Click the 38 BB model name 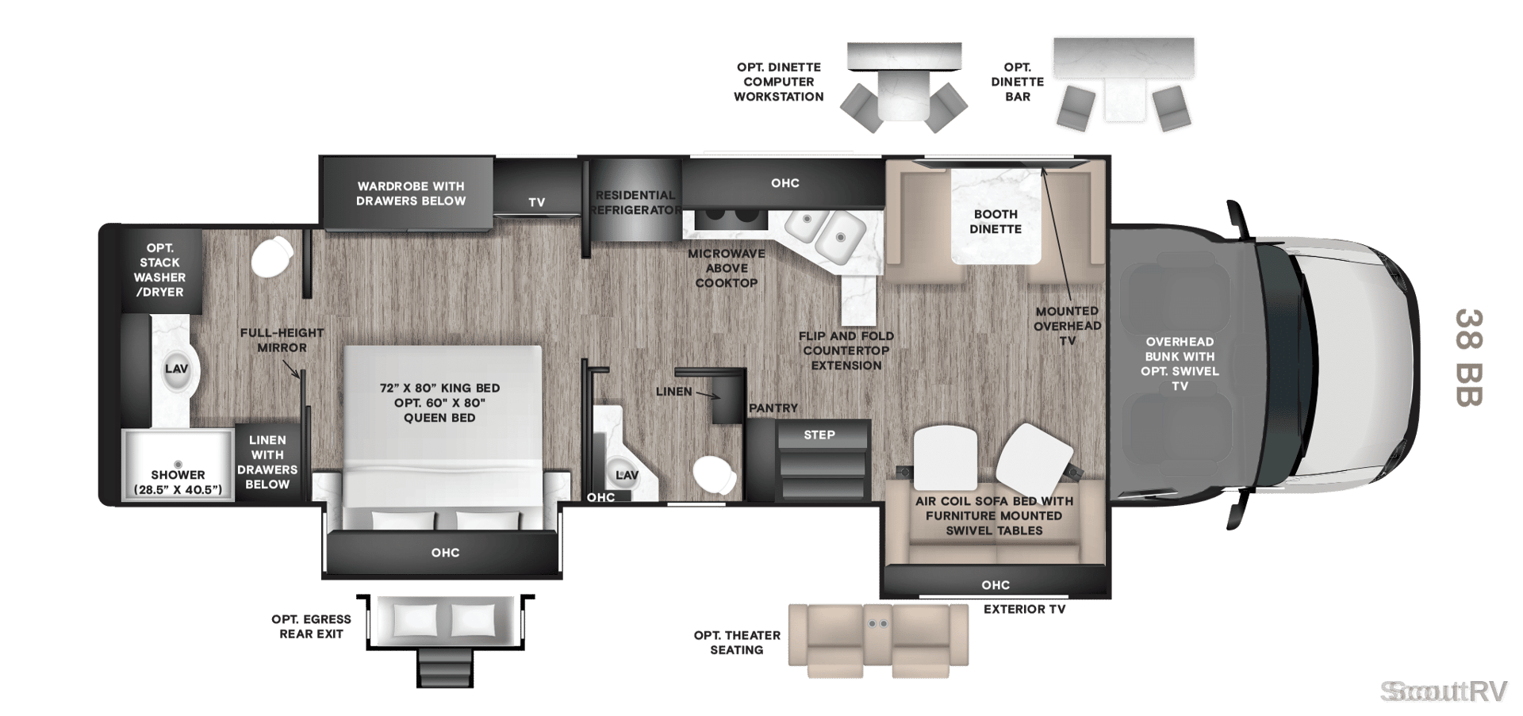click(x=1469, y=358)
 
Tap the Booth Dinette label click(x=996, y=221)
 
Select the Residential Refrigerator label click(x=635, y=202)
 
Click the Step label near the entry click(x=819, y=435)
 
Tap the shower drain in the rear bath click(x=178, y=465)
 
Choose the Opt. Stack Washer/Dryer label click(x=159, y=270)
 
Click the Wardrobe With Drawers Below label click(x=411, y=193)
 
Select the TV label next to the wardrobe click(x=537, y=202)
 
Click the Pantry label click(x=773, y=408)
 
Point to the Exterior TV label click(x=1025, y=609)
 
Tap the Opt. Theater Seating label click(x=737, y=642)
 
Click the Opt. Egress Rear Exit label click(x=311, y=626)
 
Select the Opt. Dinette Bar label click(x=1018, y=82)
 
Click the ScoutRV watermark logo click(x=1444, y=691)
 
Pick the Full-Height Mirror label click(x=282, y=340)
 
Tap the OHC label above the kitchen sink click(x=785, y=183)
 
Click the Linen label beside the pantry click(x=674, y=392)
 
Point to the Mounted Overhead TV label click(x=1068, y=326)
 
